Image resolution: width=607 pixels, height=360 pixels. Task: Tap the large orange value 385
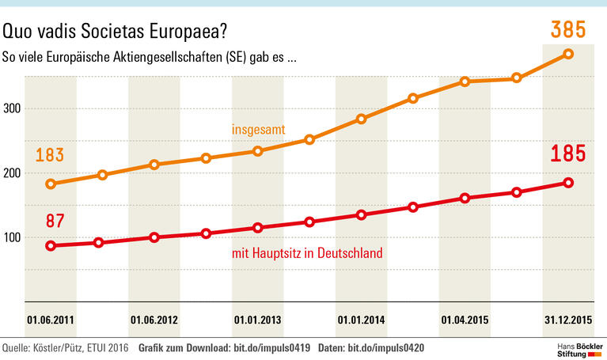[x=567, y=31]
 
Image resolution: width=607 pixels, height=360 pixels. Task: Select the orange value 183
[x=49, y=155]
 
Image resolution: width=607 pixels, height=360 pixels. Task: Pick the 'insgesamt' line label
[x=258, y=129]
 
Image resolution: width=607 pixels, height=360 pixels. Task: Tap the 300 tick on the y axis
[x=11, y=109]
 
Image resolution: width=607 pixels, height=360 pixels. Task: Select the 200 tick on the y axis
[x=11, y=173]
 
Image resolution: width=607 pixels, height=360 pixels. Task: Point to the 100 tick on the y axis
[x=11, y=237]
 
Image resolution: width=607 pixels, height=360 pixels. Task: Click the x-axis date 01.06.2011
[x=51, y=321]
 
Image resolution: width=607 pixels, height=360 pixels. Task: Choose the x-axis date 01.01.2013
[x=258, y=321]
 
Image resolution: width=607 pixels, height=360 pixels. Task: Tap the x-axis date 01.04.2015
[x=465, y=321]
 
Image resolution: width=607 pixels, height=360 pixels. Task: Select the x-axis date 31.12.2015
[x=568, y=321]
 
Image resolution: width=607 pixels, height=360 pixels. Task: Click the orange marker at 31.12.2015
[x=568, y=54]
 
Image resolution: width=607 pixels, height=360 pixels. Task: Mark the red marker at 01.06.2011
[x=51, y=245]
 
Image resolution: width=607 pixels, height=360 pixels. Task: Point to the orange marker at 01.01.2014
[x=361, y=119]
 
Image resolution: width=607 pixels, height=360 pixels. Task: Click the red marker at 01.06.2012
[x=154, y=237]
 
